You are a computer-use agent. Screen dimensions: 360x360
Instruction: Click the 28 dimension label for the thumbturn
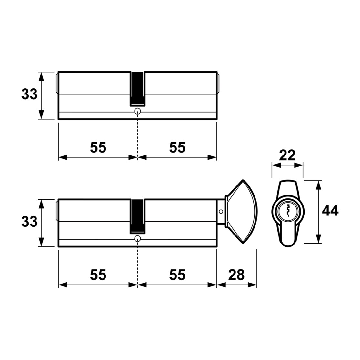[236, 275]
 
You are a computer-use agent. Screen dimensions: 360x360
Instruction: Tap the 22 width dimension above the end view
[287, 155]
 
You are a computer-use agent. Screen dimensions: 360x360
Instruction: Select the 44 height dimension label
[330, 211]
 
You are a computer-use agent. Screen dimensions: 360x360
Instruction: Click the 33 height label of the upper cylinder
[29, 94]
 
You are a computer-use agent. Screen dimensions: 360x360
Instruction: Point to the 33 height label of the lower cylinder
[29, 222]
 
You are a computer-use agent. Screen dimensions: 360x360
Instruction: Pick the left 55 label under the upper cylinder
[98, 147]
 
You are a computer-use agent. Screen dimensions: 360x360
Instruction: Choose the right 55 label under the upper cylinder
[177, 147]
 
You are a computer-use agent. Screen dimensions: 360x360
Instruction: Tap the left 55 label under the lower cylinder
[98, 275]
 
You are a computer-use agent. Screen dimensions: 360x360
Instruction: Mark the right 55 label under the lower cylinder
[177, 275]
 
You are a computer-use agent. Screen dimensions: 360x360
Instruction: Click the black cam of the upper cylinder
[137, 89]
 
